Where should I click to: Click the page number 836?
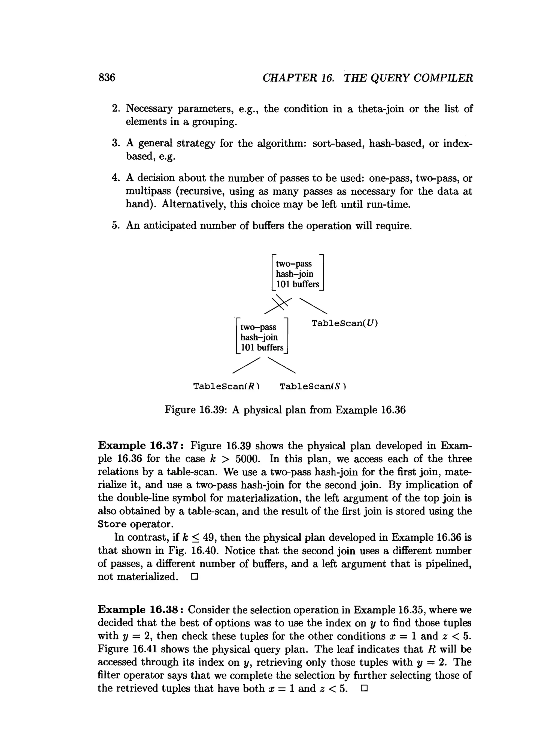[x=107, y=78]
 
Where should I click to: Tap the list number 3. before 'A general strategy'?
[x=116, y=143]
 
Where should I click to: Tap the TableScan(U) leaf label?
[x=345, y=323]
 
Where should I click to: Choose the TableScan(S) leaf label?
[x=313, y=386]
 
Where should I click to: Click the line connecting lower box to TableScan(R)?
[x=246, y=366]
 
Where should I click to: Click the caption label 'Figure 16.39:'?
[x=196, y=410]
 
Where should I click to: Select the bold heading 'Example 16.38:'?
[x=140, y=610]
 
